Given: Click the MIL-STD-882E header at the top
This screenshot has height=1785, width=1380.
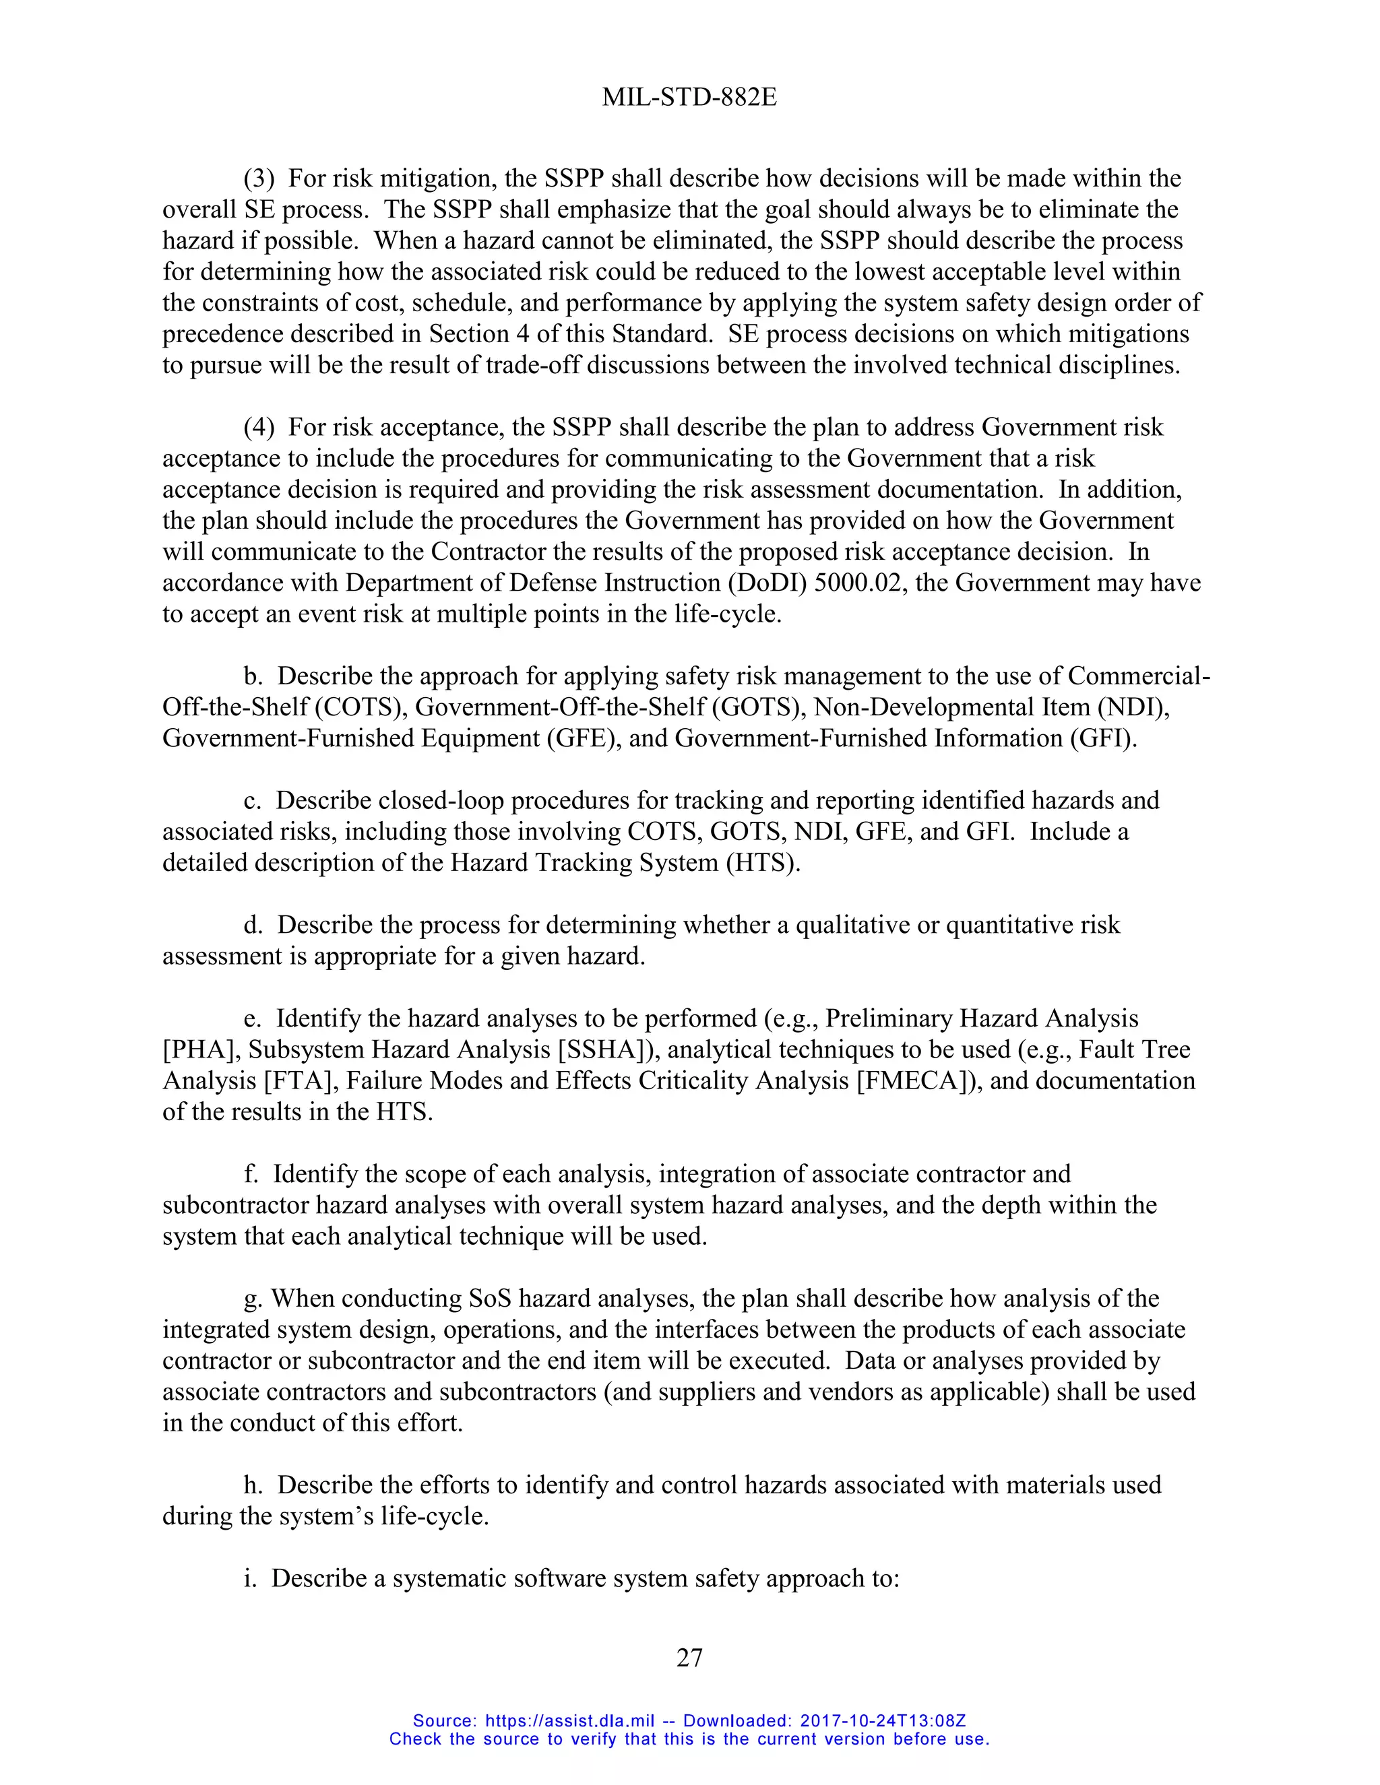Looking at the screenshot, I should point(689,97).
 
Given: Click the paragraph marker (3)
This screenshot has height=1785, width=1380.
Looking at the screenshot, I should point(259,178).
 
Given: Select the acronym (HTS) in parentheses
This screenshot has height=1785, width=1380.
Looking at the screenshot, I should point(762,862).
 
